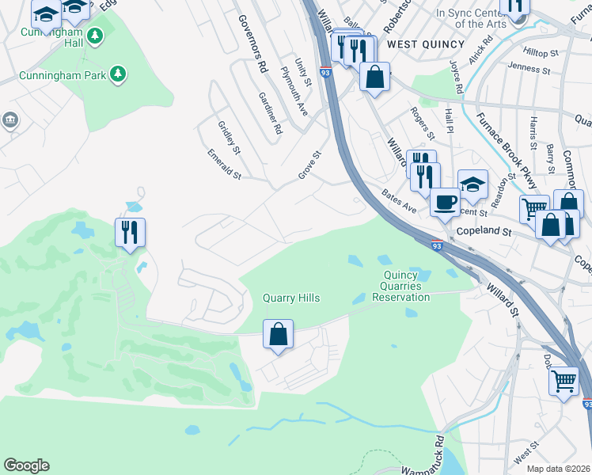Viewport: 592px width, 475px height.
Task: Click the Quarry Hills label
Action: (291, 298)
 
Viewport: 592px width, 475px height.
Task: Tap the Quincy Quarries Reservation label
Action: (400, 291)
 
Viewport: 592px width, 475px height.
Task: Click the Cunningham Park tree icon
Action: (118, 74)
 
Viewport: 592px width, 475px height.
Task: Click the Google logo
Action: (26, 465)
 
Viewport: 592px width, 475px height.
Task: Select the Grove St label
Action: (312, 165)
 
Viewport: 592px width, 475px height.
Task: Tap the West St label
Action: (526, 458)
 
